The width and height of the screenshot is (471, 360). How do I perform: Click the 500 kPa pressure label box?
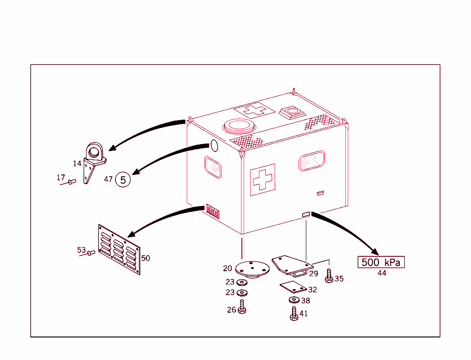381,262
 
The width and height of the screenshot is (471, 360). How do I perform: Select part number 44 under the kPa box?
382,273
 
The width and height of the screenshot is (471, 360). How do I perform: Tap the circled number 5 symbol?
123,180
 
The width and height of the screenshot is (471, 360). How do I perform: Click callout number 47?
109,180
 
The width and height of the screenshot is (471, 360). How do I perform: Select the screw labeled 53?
91,252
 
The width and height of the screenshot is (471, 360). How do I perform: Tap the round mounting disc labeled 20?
252,268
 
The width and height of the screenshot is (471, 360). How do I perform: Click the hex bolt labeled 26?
242,307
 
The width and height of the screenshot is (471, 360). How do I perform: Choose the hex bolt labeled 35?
329,277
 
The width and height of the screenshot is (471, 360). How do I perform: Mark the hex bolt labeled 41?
294,314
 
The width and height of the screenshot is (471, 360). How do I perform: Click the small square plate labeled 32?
293,287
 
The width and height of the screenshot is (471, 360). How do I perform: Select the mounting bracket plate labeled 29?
291,265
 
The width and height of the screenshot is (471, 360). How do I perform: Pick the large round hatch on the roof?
238,126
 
